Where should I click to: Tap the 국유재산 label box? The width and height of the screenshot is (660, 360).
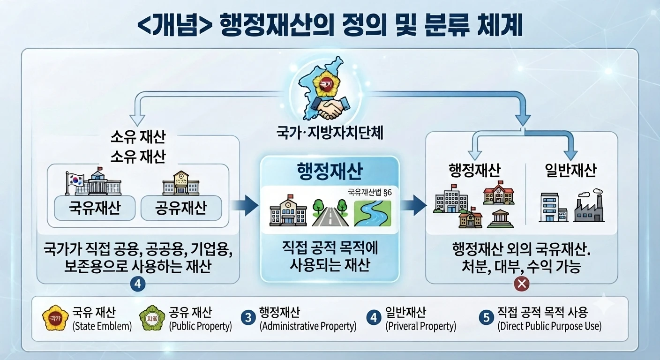pyautogui.click(x=95, y=208)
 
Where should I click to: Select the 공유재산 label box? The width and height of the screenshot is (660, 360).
pyautogui.click(x=181, y=208)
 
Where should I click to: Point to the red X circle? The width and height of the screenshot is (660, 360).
pyautogui.click(x=522, y=284)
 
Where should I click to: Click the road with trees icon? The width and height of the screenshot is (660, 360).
pyautogui.click(x=330, y=213)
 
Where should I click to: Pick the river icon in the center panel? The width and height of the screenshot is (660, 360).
pyautogui.click(x=373, y=213)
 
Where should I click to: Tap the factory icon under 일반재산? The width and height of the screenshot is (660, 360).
pyautogui.click(x=589, y=206)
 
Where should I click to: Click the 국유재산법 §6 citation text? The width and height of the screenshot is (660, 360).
pyautogui.click(x=370, y=192)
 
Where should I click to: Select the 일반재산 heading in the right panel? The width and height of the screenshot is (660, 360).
pyautogui.click(x=570, y=171)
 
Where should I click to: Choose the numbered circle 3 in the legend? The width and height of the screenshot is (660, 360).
pyautogui.click(x=248, y=318)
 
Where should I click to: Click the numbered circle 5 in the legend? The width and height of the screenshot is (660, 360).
pyautogui.click(x=487, y=317)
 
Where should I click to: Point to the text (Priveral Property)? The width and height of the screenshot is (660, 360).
pyautogui.click(x=421, y=326)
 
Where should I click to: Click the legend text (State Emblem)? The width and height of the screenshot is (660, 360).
pyautogui.click(x=102, y=326)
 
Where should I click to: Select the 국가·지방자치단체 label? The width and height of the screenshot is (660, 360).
pyautogui.click(x=330, y=133)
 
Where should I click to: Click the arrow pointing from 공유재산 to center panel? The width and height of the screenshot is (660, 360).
pyautogui.click(x=244, y=205)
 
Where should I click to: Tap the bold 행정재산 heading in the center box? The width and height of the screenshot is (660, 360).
pyautogui.click(x=330, y=171)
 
